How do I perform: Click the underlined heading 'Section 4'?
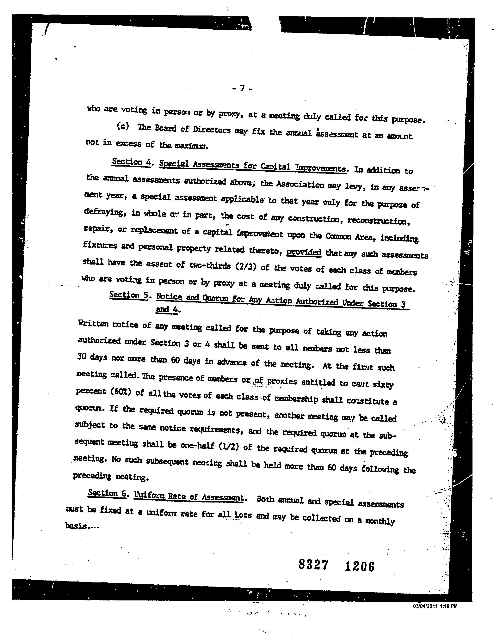[x=131, y=162]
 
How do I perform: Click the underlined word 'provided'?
[x=304, y=252]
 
